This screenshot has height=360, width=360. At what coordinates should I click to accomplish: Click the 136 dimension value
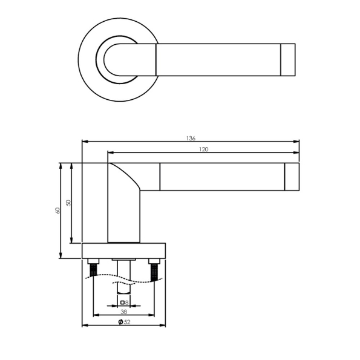pos(191,138)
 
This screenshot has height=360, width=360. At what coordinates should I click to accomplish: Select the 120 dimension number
pos(204,149)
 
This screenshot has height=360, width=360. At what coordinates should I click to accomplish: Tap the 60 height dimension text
pos(57,211)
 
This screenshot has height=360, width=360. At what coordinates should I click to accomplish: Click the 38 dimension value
pos(123,310)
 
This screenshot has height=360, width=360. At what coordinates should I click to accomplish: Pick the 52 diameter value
pos(126,321)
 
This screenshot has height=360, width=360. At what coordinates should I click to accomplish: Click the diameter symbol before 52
pos(120,321)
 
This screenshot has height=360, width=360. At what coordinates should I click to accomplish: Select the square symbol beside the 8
pos(122,302)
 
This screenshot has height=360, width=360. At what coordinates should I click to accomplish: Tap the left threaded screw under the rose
pos(94,269)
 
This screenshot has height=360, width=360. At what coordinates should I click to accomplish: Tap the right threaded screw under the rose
pos(154,270)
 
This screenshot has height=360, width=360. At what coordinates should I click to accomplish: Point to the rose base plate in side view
pos(123,250)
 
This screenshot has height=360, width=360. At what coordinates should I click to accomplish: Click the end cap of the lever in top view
pos(289,60)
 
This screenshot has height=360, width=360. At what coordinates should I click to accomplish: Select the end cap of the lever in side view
pos(292,177)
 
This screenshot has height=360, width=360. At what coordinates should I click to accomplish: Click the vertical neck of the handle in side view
pos(123,218)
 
